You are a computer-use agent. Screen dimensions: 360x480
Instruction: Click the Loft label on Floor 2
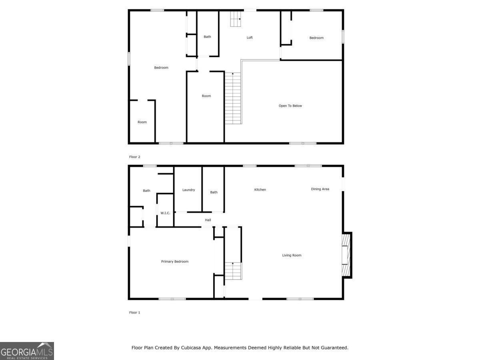[250, 38]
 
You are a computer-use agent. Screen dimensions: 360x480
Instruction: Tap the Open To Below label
[290, 106]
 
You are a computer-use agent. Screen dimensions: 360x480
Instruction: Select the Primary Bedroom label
[175, 262]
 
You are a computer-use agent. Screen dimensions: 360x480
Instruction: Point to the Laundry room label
[188, 190]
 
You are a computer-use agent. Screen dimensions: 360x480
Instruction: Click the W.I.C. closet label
[165, 213]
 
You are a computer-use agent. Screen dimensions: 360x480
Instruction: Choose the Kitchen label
[260, 190]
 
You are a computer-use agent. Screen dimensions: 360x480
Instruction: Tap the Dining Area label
[320, 189]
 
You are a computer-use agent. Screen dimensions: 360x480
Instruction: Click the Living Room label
[292, 255]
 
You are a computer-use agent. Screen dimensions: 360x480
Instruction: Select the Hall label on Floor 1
[208, 220]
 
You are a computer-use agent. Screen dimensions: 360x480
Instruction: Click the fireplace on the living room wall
[346, 255]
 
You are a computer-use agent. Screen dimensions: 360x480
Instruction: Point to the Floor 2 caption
[135, 157]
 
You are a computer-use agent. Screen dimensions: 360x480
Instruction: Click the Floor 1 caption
[135, 312]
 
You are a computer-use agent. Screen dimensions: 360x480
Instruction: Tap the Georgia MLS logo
[27, 351]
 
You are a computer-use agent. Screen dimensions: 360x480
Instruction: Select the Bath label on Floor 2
[207, 37]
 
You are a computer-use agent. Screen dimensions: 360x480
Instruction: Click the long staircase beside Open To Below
[233, 98]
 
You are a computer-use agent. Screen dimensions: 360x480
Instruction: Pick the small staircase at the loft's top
[236, 19]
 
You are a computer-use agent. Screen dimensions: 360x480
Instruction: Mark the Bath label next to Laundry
[214, 192]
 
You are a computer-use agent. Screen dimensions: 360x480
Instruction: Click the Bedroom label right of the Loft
[316, 38]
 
